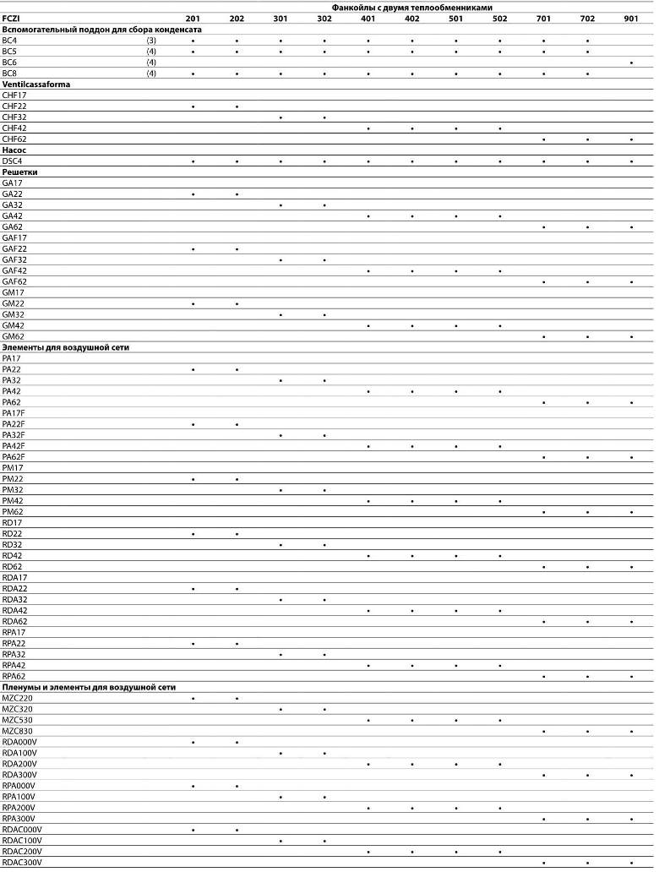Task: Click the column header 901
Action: click(x=631, y=18)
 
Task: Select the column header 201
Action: click(x=193, y=18)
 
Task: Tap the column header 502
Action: click(x=500, y=18)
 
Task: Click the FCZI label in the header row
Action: click(x=11, y=18)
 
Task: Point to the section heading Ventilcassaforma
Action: click(x=35, y=84)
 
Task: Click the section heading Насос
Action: click(x=14, y=150)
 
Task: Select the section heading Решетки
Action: click(x=20, y=172)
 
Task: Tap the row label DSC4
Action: click(x=13, y=161)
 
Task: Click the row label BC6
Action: click(x=9, y=63)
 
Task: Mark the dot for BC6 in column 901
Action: click(x=631, y=63)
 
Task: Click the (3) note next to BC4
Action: click(x=151, y=41)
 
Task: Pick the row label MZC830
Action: click(x=18, y=731)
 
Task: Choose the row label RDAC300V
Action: click(x=22, y=863)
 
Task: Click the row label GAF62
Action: click(x=14, y=281)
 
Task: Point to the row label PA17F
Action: click(x=14, y=413)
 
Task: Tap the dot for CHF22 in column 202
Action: click(x=237, y=107)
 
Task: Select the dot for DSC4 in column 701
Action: click(x=543, y=161)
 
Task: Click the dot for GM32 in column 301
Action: click(x=280, y=314)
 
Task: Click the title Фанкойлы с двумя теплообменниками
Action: click(x=411, y=7)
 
